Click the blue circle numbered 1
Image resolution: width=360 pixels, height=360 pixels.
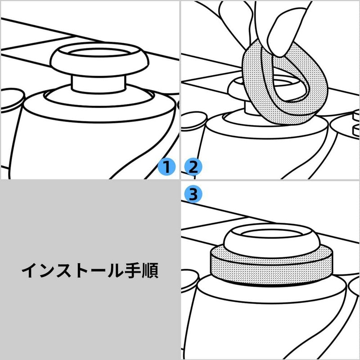(x=166, y=167)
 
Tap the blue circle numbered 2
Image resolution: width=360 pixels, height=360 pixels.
(x=193, y=167)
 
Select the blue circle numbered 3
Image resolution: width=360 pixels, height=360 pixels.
(x=193, y=194)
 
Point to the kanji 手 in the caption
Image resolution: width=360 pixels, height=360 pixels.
(x=133, y=270)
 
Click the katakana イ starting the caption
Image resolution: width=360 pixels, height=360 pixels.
(x=30, y=270)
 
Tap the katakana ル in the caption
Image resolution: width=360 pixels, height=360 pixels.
(x=115, y=270)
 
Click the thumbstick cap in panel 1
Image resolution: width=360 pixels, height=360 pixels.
(x=99, y=59)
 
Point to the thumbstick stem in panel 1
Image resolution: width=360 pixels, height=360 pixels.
(x=99, y=83)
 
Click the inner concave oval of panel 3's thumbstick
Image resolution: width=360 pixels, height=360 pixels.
(x=271, y=234)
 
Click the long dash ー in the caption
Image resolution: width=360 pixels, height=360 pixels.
(x=98, y=270)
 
